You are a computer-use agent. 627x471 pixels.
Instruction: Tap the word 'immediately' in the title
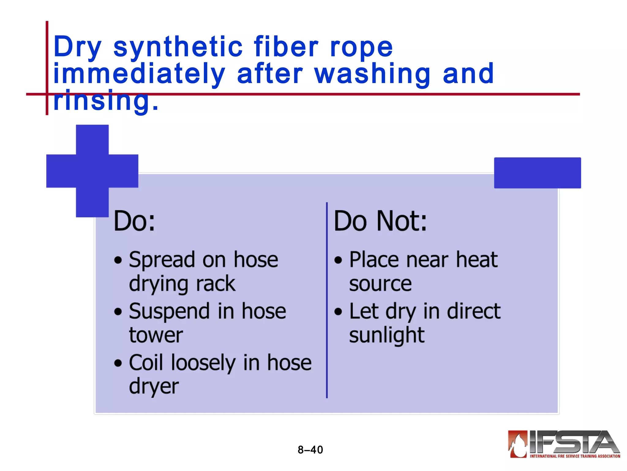point(139,74)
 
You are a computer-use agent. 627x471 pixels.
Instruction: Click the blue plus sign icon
point(92,171)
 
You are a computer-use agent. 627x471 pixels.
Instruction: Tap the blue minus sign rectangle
point(537,173)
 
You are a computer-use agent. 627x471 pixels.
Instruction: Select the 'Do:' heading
point(134,221)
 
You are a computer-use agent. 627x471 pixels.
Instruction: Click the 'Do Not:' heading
point(380,221)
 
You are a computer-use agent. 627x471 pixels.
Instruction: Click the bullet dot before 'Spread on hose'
point(118,260)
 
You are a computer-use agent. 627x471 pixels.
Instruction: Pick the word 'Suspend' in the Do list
point(169,311)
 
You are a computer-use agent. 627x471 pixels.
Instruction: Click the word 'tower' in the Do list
point(156,335)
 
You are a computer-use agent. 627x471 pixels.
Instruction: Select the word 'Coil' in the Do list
point(146,363)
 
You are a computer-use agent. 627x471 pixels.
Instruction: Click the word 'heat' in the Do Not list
point(477,260)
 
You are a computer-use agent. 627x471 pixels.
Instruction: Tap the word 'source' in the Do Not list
point(380,284)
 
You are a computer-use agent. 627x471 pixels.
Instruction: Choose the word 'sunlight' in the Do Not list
point(387,335)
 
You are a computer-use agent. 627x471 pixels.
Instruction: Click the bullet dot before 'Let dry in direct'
point(338,312)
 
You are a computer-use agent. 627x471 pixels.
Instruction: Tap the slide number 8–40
point(310,450)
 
